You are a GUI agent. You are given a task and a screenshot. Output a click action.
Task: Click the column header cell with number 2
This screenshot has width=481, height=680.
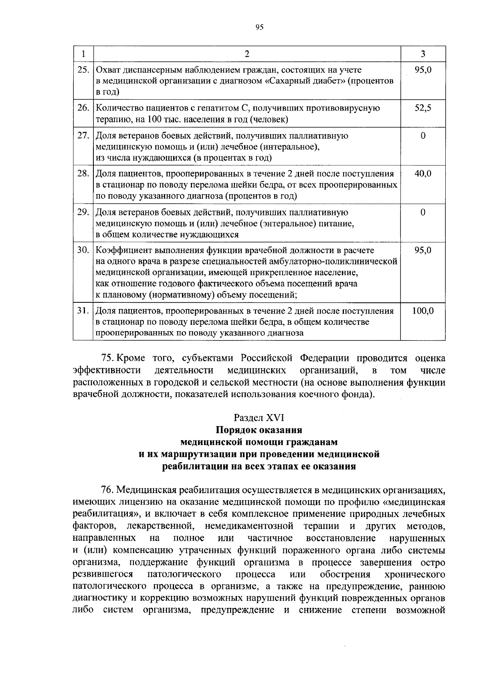pos(247,54)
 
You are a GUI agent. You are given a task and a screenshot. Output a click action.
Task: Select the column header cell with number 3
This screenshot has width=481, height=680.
pos(423,54)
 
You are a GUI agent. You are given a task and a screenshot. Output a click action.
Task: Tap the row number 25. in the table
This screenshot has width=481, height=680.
pos(83,70)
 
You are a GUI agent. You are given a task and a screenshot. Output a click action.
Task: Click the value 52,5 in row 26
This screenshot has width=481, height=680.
pos(423,108)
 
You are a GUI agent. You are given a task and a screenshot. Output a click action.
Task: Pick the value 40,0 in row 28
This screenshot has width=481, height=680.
pos(423,174)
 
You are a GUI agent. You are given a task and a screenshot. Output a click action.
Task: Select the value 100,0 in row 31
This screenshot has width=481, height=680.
pos(423,311)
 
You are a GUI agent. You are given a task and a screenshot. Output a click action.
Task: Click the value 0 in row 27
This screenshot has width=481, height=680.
pos(423,136)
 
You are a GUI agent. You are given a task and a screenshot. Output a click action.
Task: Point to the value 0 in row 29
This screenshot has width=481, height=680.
pos(423,212)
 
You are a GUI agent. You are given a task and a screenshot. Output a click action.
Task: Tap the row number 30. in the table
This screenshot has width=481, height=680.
pos(83,250)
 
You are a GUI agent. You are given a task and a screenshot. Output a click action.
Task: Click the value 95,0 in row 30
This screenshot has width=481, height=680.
pos(423,250)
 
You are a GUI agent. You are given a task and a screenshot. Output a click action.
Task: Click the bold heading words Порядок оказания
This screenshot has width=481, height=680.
pos(259,430)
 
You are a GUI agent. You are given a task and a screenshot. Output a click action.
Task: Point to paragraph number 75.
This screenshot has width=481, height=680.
pos(107,358)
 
